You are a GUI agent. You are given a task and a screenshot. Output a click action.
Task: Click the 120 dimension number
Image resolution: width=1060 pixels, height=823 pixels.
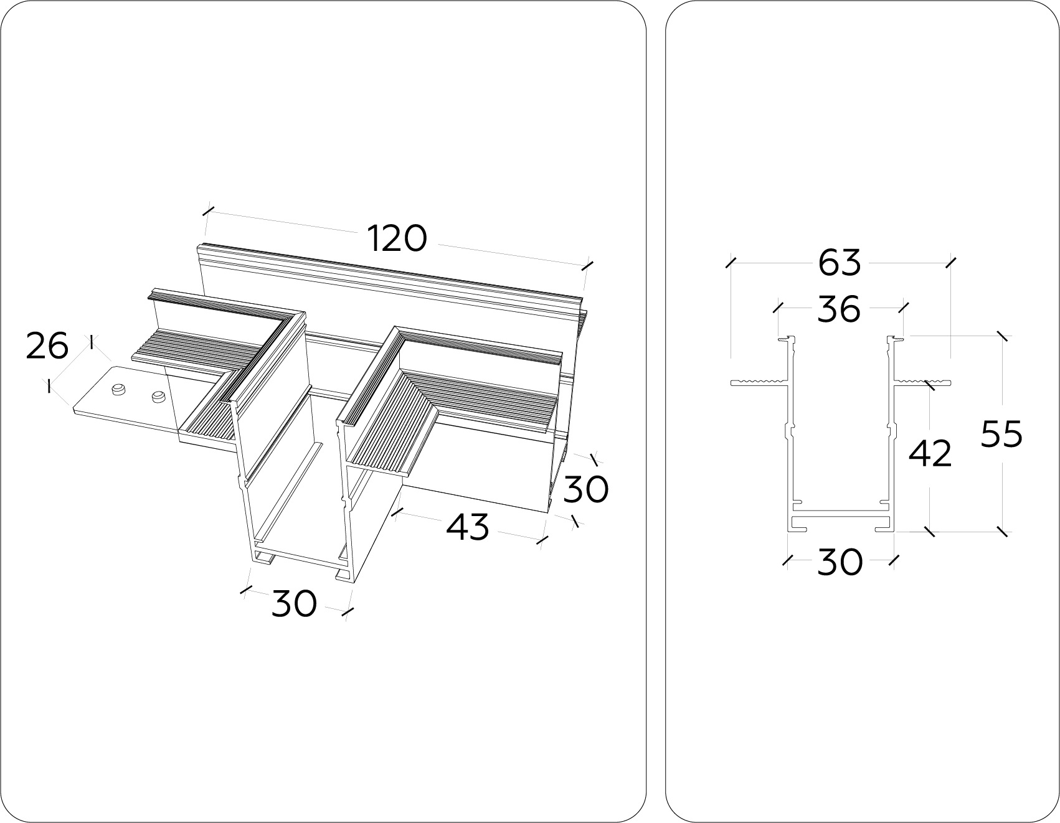(x=397, y=239)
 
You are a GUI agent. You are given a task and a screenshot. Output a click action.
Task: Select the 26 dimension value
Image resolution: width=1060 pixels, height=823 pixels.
(x=47, y=346)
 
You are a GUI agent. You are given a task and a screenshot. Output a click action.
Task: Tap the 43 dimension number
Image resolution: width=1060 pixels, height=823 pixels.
(x=468, y=527)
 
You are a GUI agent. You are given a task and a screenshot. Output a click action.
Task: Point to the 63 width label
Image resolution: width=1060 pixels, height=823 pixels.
(x=840, y=262)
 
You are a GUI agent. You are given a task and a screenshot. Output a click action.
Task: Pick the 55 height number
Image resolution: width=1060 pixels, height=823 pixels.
(x=1001, y=434)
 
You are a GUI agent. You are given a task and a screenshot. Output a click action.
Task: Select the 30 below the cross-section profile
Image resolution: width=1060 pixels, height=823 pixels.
(x=840, y=562)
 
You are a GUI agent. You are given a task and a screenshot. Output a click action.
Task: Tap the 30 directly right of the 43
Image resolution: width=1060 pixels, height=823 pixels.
(x=586, y=489)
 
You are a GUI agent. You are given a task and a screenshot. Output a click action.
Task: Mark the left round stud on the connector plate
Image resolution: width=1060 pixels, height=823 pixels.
(x=116, y=390)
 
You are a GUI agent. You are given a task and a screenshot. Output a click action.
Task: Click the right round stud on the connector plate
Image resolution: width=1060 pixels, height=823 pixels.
(x=159, y=395)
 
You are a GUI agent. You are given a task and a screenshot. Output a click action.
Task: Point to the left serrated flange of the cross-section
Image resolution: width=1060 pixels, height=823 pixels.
(x=760, y=381)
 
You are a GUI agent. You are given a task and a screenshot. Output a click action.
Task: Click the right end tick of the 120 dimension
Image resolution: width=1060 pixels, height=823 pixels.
(x=587, y=265)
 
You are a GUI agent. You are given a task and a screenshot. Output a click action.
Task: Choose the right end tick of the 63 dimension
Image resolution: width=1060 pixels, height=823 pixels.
(x=950, y=262)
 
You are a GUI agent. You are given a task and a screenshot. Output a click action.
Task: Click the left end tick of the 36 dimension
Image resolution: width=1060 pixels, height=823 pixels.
(x=778, y=307)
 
